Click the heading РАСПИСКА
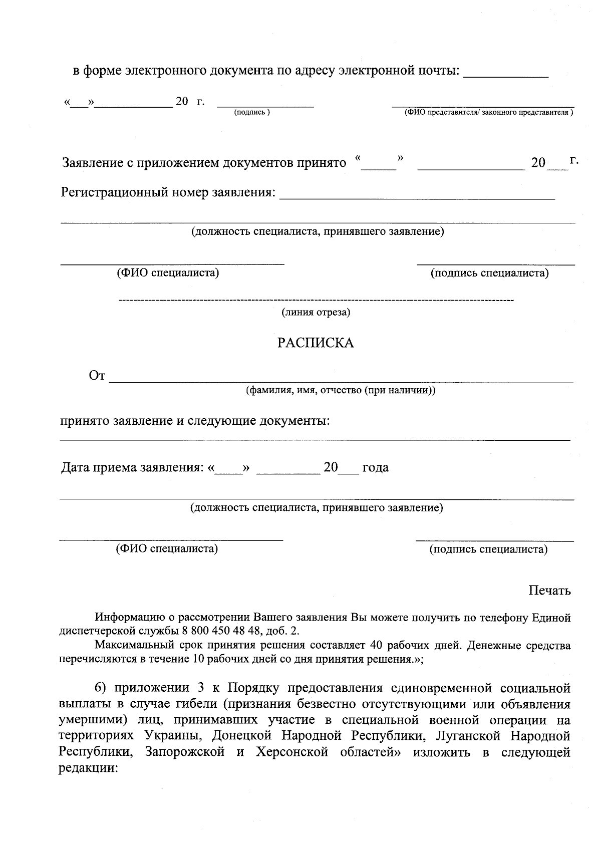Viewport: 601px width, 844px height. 316,343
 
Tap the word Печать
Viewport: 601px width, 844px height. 549,591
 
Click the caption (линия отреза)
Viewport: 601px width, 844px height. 316,313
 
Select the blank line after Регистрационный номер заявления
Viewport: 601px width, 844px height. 417,196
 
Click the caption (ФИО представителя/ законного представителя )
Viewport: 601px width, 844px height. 489,113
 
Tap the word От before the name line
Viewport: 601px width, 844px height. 97,376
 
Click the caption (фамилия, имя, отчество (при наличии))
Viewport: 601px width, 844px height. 340,390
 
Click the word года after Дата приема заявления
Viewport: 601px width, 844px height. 375,468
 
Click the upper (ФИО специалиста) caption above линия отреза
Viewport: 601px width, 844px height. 167,273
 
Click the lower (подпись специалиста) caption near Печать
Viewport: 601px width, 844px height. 488,549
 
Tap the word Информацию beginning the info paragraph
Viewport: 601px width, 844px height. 127,618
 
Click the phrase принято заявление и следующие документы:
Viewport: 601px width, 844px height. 195,421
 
